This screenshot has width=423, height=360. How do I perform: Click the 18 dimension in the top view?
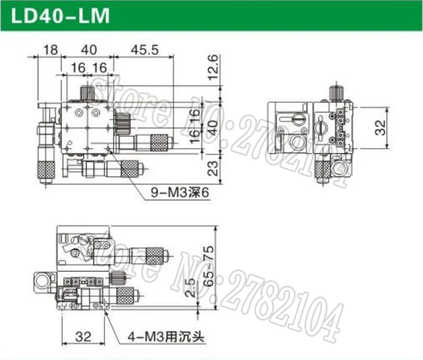click(51, 50)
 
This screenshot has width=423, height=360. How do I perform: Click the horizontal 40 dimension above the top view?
click(88, 50)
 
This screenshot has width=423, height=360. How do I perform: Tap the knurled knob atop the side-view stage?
click(335, 92)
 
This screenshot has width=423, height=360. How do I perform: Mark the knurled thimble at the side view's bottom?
click(321, 170)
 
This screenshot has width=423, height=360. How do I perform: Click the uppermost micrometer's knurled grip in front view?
click(154, 253)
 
